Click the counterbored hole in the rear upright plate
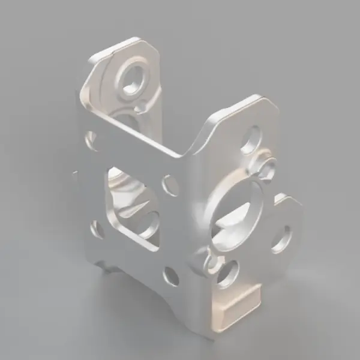[133, 77]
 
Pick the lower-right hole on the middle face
[170, 276]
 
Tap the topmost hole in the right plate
[251, 139]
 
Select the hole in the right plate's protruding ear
[281, 238]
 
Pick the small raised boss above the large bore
[267, 169]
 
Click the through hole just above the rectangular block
[229, 274]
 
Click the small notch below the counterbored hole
[140, 108]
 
